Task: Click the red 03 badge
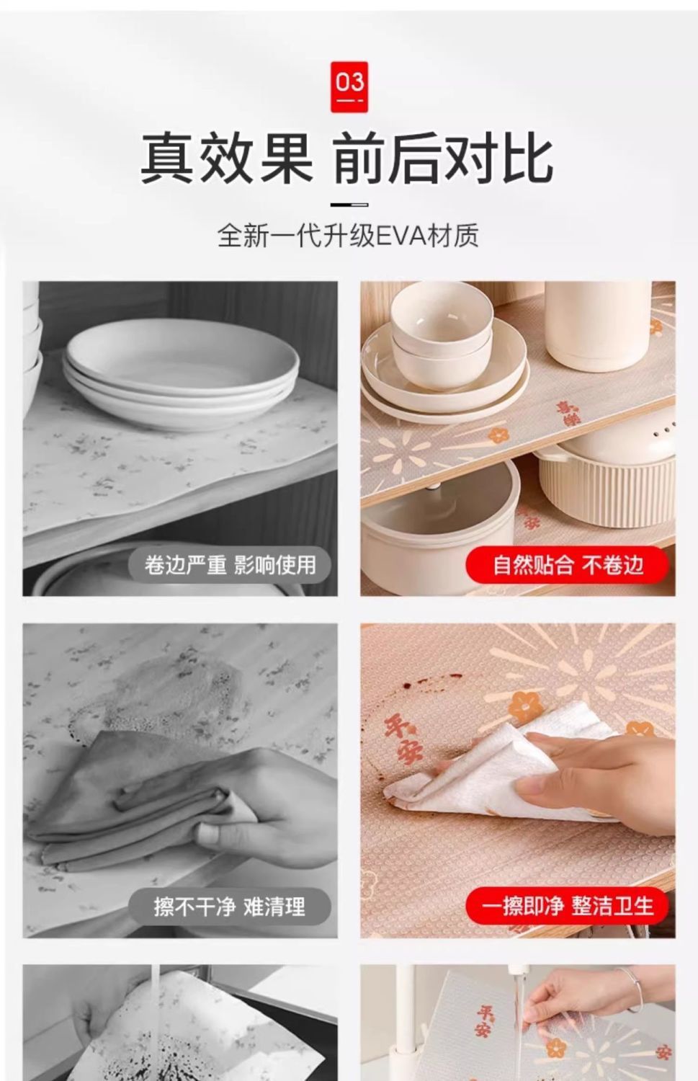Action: (349, 87)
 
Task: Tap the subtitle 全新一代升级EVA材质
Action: (348, 236)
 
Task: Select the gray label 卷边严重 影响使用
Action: (230, 565)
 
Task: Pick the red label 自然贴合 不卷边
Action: (568, 565)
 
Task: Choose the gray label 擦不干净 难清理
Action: (230, 907)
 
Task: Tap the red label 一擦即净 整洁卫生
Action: (568, 907)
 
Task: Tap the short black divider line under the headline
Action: (349, 205)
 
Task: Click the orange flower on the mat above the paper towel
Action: (526, 706)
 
